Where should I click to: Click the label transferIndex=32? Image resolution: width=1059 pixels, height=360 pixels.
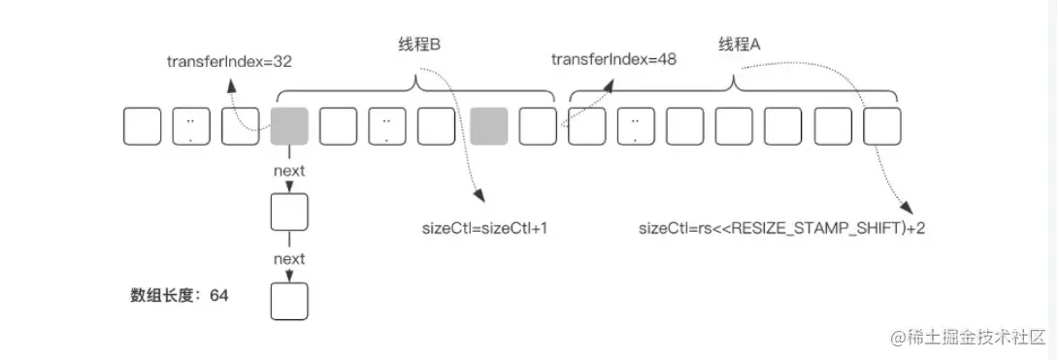point(229,60)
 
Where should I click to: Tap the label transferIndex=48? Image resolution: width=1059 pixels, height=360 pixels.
point(613,59)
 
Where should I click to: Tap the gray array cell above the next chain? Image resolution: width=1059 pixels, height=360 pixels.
point(289,127)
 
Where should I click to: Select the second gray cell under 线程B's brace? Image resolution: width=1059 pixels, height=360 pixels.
point(489,127)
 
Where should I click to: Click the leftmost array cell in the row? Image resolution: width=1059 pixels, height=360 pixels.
point(142,127)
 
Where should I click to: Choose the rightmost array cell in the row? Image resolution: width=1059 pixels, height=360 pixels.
point(882,127)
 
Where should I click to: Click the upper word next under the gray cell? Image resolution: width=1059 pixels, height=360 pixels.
point(289,171)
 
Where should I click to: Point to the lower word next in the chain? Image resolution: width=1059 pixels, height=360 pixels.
point(289,259)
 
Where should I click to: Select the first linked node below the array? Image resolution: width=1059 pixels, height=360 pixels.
point(289,212)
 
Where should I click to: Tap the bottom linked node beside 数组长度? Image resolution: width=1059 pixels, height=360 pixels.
point(289,301)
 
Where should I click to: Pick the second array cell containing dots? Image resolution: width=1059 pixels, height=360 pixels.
point(386,127)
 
